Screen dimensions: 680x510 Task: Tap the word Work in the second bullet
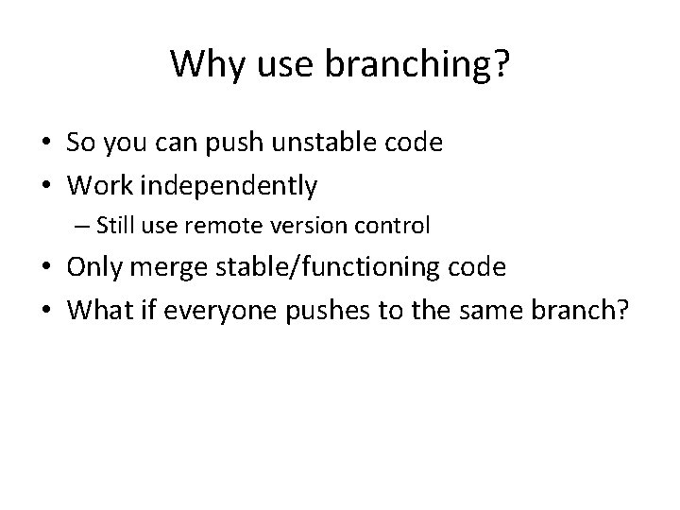click(94, 186)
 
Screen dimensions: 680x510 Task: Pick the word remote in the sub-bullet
click(248, 226)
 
